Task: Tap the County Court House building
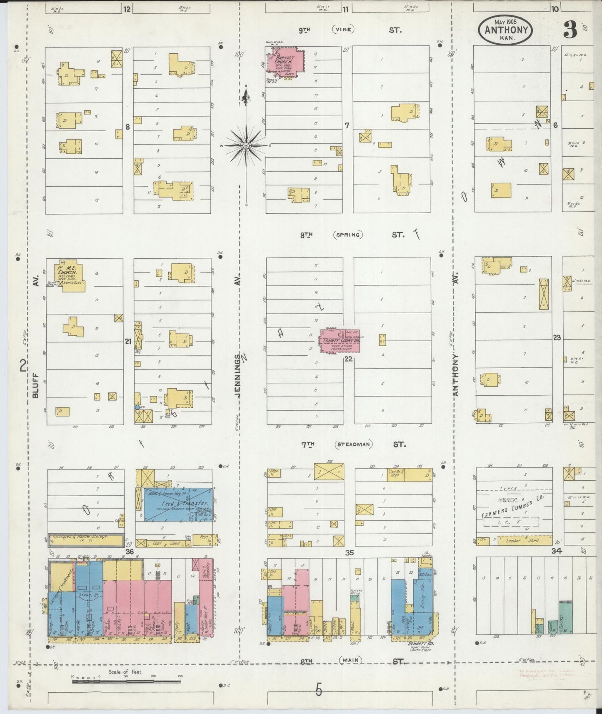point(339,341)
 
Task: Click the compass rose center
point(246,145)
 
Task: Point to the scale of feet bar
point(126,682)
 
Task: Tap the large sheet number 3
point(570,30)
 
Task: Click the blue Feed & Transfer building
point(177,505)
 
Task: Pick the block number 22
point(349,358)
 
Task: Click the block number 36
point(130,552)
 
